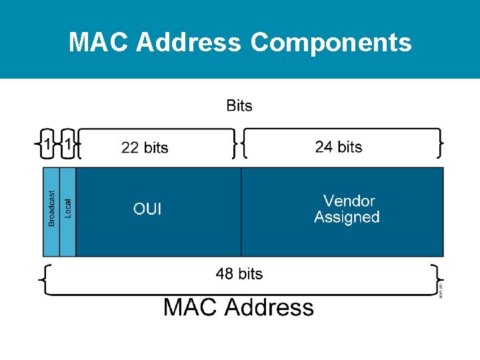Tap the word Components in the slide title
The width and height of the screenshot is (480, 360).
331,43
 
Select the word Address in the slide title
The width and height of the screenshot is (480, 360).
189,43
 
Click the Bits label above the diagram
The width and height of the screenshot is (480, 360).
239,105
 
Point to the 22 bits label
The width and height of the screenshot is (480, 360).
145,147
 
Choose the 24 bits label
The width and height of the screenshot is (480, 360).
339,147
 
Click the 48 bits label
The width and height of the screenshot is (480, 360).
239,273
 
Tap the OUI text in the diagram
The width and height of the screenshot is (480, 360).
147,209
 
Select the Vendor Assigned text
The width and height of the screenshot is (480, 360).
347,209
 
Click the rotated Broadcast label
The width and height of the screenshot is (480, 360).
51,208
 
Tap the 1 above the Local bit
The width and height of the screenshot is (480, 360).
68,144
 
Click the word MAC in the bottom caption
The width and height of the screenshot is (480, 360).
191,307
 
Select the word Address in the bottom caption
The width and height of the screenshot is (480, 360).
269,307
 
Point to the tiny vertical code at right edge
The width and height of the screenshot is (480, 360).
441,289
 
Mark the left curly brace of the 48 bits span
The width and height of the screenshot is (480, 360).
44,279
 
